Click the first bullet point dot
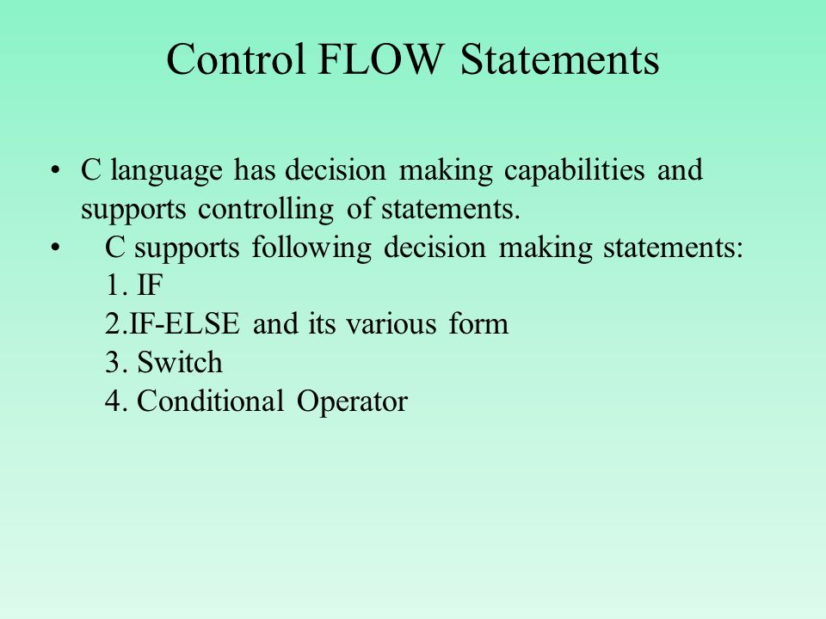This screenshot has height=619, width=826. click(55, 170)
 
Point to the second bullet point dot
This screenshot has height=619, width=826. click(55, 248)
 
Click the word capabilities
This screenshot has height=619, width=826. click(574, 170)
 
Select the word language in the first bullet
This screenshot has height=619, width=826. click(166, 170)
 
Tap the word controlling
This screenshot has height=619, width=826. click(266, 210)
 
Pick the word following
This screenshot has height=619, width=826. click(311, 248)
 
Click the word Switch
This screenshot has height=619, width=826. click(180, 362)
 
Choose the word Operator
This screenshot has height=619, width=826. click(352, 401)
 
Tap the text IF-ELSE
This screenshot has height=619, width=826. click(184, 324)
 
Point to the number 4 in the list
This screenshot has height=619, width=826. click(114, 401)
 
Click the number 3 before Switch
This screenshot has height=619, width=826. click(114, 363)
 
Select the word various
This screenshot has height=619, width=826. click(391, 324)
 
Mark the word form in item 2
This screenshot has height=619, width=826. click(478, 324)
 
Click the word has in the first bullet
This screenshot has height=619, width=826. click(255, 170)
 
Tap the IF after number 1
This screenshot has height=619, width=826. click(150, 285)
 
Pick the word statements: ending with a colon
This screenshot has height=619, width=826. click(673, 248)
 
